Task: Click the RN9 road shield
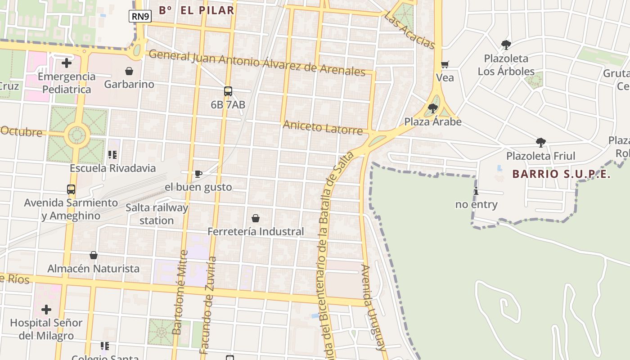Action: tap(140, 17)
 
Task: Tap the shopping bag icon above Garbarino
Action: tap(129, 71)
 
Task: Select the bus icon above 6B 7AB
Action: tap(228, 91)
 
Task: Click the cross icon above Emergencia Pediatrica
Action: tap(67, 63)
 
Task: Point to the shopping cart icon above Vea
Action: tap(445, 65)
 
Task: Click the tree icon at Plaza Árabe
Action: tap(433, 108)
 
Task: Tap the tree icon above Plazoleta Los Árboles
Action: tap(506, 45)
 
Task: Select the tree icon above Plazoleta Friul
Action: tap(541, 143)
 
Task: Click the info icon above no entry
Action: tap(476, 191)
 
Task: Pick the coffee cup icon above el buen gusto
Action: tap(198, 174)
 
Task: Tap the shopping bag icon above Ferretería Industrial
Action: tap(256, 218)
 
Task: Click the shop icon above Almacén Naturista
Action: tap(94, 255)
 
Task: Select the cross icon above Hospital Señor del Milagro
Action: tap(46, 310)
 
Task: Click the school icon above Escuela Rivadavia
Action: tap(112, 155)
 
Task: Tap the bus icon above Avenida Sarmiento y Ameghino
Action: tap(71, 189)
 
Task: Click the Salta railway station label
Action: tap(157, 214)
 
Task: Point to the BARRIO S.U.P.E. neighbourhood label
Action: tap(562, 174)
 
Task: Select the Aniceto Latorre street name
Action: tap(323, 128)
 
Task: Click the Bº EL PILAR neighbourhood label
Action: tap(197, 10)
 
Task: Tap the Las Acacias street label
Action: tap(409, 30)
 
